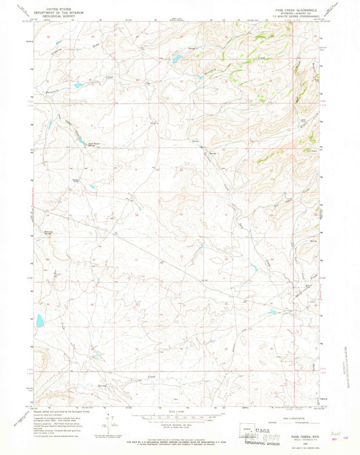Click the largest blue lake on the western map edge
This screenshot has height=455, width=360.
point(39,320)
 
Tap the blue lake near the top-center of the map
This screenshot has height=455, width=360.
point(174,59)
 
